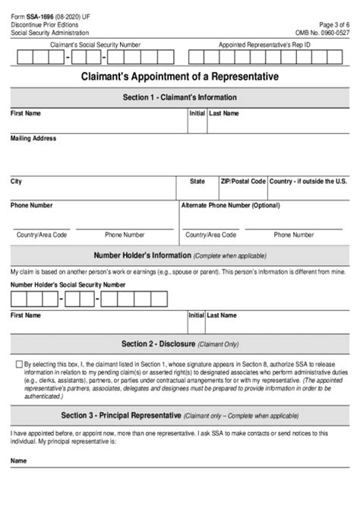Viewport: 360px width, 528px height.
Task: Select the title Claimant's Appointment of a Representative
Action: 180,77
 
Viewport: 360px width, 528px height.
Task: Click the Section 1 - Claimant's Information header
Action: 180,97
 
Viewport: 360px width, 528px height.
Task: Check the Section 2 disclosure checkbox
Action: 19,365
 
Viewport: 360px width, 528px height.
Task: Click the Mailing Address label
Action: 33,139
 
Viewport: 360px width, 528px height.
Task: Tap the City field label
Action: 16,182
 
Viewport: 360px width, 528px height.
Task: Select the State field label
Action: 197,182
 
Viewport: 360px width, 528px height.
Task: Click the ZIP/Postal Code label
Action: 242,182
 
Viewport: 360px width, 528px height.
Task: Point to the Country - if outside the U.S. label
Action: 308,182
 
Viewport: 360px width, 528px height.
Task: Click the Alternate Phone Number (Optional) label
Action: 229,205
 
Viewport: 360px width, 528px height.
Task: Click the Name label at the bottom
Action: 18,461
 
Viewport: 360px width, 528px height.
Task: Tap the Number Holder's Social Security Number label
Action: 68,284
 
